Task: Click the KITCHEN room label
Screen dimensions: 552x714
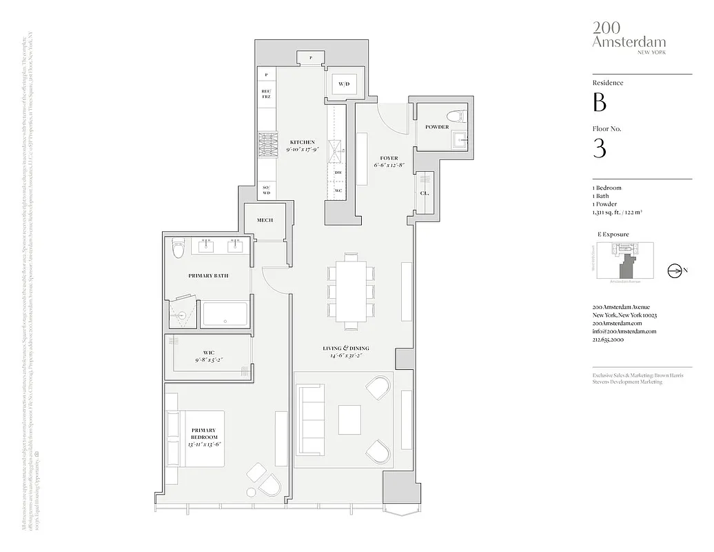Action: coord(302,142)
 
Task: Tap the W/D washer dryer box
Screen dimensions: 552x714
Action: coord(343,83)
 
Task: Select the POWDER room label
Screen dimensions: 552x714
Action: coord(437,127)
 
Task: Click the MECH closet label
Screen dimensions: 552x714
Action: coord(265,220)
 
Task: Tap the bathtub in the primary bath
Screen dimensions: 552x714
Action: coord(224,315)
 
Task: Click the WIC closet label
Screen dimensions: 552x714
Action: coord(208,353)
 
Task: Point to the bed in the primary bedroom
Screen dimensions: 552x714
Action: coord(195,438)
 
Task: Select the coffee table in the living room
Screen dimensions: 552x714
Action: coord(349,418)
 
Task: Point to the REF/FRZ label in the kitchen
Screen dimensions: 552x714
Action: coord(266,95)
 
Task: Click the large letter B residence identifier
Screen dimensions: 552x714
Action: coord(600,103)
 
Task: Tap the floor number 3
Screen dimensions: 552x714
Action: coord(600,148)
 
